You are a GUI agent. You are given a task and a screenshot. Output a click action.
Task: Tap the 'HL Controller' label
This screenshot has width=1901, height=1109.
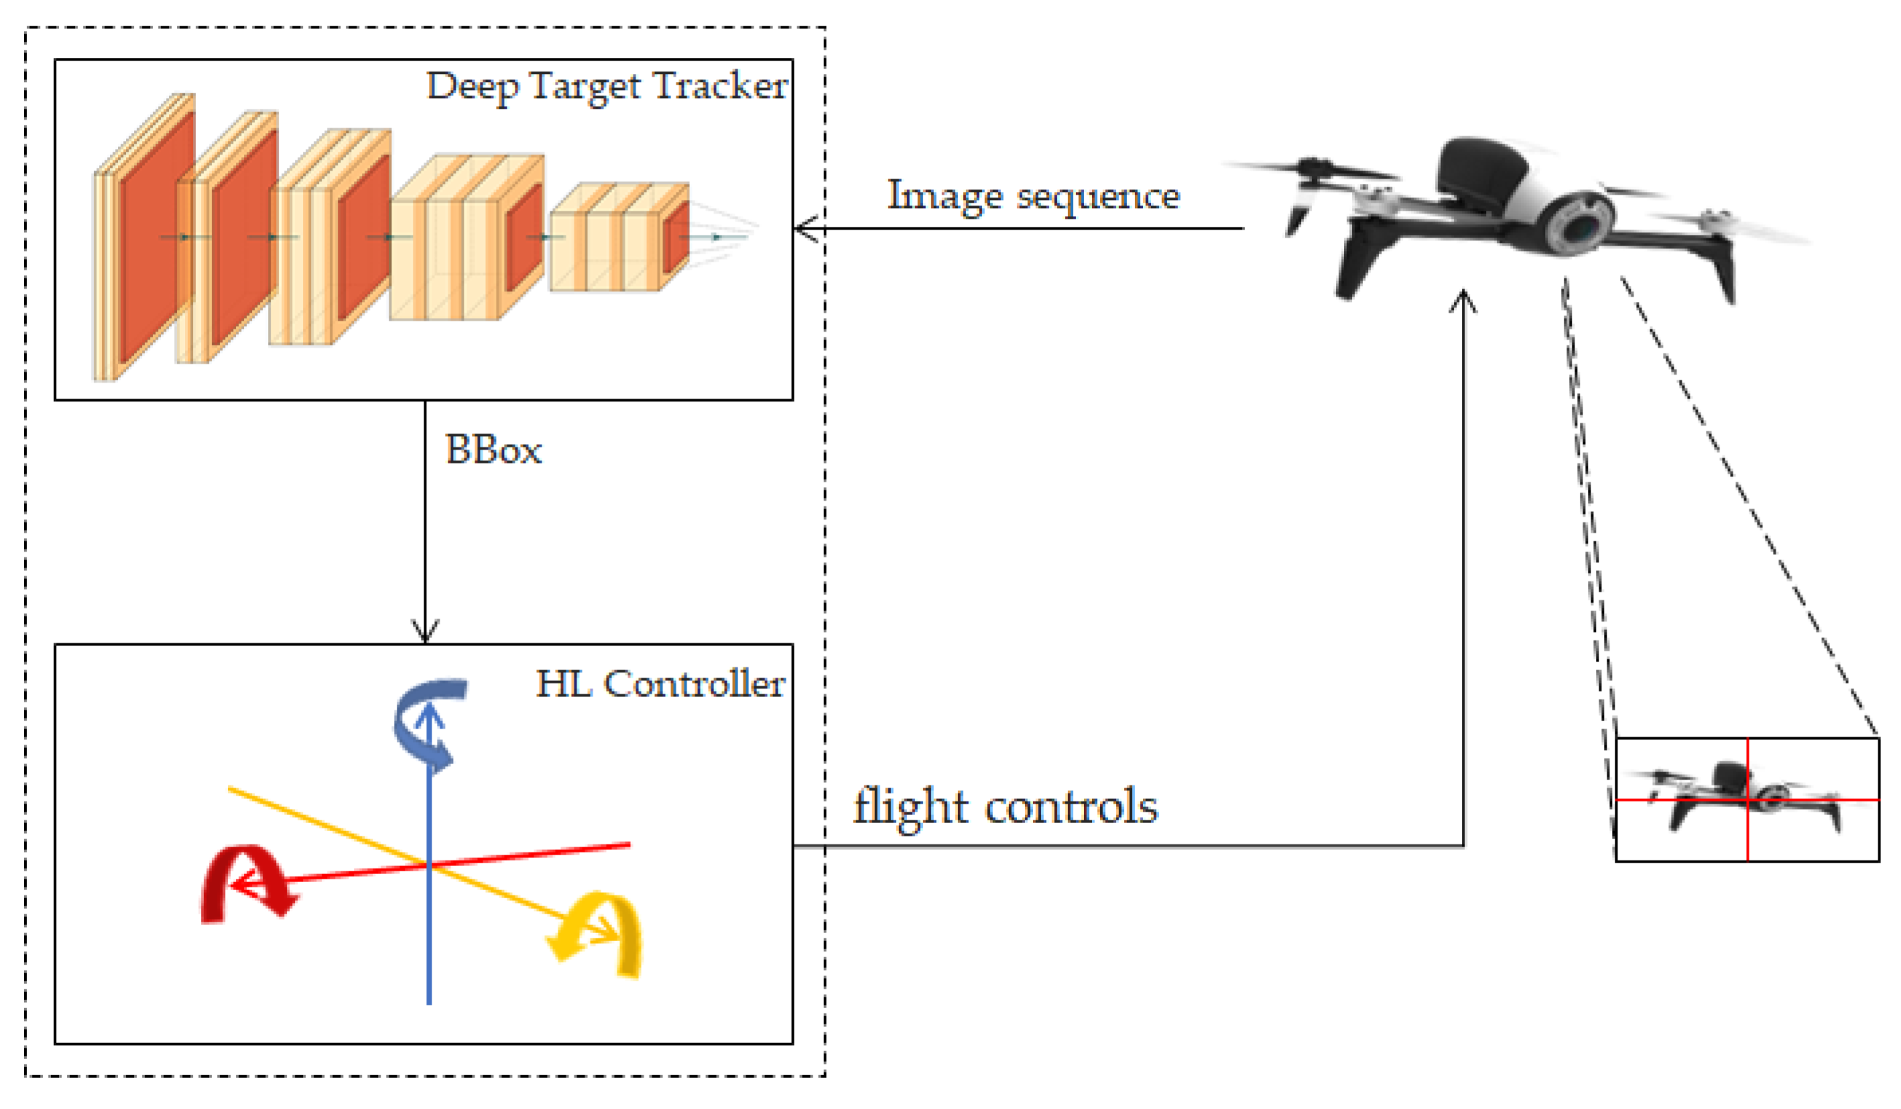660,683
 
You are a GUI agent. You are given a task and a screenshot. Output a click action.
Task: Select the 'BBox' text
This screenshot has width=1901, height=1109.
493,450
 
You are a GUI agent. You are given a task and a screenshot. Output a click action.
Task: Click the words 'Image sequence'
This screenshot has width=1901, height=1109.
1033,196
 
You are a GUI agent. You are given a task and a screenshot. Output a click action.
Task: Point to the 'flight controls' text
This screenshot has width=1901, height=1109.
1005,807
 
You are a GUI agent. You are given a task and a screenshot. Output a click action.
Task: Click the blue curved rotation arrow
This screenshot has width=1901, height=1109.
426,720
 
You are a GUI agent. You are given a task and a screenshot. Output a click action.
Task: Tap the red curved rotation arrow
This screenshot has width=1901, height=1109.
245,882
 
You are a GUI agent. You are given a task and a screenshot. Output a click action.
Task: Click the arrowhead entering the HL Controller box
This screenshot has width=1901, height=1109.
425,631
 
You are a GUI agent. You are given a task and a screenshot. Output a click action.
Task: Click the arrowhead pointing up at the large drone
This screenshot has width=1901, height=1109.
1463,300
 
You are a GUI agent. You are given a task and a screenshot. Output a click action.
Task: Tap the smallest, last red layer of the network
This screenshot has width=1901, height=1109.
675,237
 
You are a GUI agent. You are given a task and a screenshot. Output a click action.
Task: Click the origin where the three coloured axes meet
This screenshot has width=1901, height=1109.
429,866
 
